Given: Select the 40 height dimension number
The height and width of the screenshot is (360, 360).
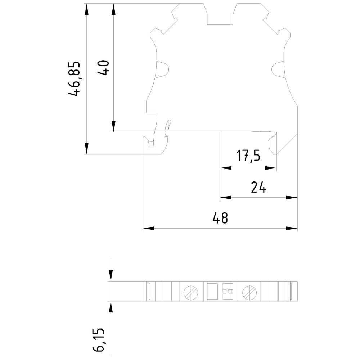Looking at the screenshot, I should pyautogui.click(x=104, y=68).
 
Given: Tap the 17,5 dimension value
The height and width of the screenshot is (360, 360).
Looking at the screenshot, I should pyautogui.click(x=248, y=156).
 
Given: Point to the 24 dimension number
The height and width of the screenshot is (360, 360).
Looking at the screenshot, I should pyautogui.click(x=258, y=187).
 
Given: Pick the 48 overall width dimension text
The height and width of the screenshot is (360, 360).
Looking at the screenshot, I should pyautogui.click(x=220, y=218).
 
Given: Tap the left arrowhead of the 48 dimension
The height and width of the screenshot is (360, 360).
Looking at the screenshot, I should pyautogui.click(x=149, y=228).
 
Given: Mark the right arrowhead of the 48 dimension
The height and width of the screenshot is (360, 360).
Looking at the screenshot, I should pyautogui.click(x=292, y=228).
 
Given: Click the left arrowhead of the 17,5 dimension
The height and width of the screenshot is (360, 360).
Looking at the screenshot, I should pyautogui.click(x=226, y=168).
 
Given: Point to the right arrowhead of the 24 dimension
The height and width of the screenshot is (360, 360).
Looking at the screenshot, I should pyautogui.click(x=292, y=197).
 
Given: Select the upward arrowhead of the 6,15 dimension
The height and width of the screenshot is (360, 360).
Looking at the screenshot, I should pyautogui.click(x=111, y=306).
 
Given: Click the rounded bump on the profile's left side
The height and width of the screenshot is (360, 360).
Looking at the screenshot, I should pyautogui.click(x=163, y=69).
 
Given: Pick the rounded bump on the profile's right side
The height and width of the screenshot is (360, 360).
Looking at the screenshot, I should pyautogui.click(x=278, y=69).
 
